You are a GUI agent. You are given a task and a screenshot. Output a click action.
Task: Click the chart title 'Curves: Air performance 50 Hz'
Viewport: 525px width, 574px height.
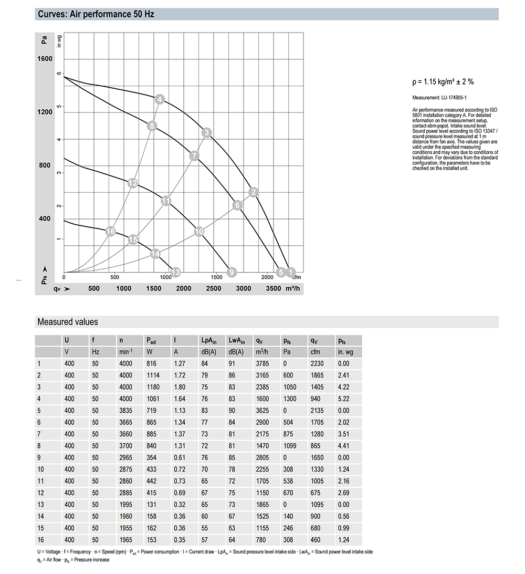[96, 14]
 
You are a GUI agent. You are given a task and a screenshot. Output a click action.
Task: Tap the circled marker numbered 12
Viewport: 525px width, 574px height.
[133, 183]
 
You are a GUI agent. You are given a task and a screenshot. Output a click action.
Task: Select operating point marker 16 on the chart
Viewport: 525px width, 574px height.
[110, 232]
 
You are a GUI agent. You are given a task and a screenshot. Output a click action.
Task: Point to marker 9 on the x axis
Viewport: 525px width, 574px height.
[232, 272]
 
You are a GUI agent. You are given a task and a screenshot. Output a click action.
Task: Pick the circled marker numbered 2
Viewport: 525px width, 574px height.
[254, 192]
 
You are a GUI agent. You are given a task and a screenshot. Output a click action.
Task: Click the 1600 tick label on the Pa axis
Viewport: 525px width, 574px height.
[45, 59]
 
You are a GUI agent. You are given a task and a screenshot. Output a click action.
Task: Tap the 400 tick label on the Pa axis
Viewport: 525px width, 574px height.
[45, 218]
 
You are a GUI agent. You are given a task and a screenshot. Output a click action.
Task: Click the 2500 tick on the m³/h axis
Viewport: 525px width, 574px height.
[213, 288]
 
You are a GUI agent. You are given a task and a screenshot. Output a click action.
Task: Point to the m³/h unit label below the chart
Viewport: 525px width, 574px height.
[293, 288]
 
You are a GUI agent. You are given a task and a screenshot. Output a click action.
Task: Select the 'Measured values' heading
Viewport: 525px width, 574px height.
[67, 322]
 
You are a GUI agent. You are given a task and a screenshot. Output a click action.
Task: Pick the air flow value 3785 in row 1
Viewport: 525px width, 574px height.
[262, 363]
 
